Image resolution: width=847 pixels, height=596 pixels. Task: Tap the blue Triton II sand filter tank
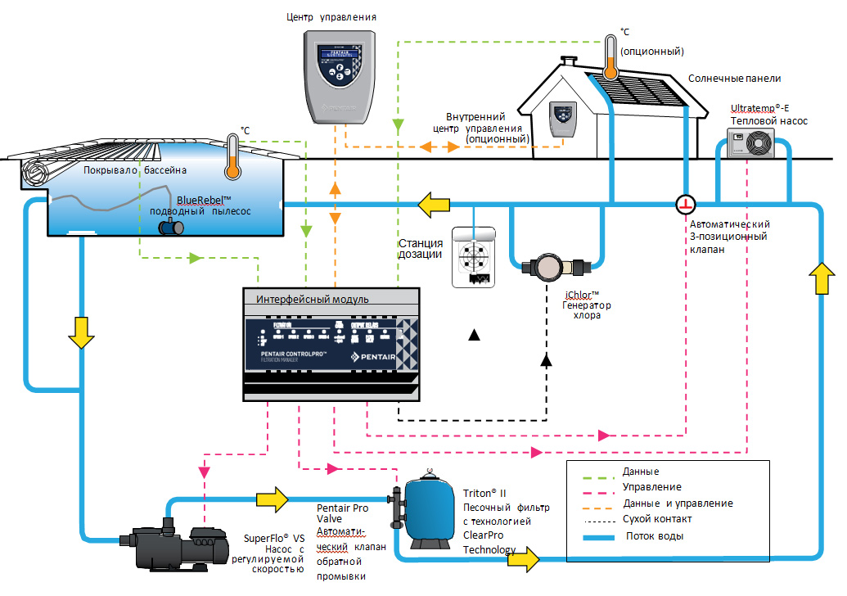pyautogui.click(x=429, y=511)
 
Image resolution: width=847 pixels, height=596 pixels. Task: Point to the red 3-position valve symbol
pyautogui.click(x=685, y=202)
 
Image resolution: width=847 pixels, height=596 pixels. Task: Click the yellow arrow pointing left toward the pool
pyautogui.click(x=434, y=203)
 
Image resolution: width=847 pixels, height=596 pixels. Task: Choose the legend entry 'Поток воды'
pyautogui.click(x=655, y=537)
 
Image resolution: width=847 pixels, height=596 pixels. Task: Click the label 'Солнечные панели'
pyautogui.click(x=734, y=79)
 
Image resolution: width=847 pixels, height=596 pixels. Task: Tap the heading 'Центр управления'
pyautogui.click(x=330, y=16)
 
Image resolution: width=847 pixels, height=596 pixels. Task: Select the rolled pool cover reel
pyautogui.click(x=35, y=174)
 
